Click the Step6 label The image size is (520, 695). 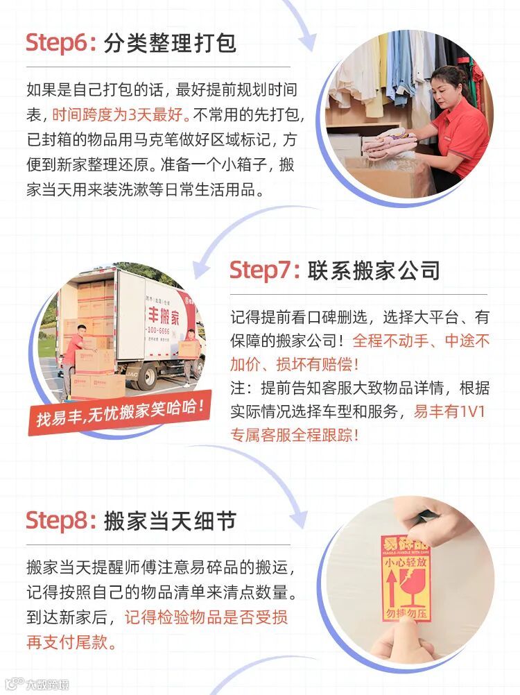[61, 44]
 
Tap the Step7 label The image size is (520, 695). [264, 271]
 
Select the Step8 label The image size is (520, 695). [61, 521]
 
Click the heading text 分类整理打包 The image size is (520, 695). [170, 44]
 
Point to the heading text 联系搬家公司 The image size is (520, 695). [374, 271]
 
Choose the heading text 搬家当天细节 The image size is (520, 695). [170, 521]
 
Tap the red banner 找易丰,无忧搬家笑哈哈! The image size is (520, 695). [119, 412]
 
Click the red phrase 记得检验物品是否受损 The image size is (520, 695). [206, 617]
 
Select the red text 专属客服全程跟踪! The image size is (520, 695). [294, 435]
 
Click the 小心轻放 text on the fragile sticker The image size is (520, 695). [406, 563]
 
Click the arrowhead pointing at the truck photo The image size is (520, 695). [202, 269]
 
